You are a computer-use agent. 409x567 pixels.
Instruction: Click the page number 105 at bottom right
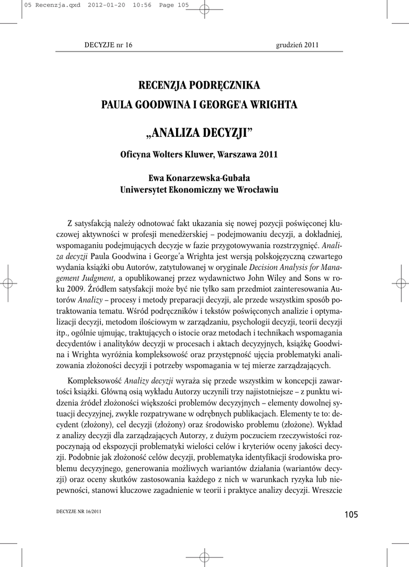point(351,515)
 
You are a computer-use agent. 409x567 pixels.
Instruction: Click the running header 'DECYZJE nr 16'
point(108,45)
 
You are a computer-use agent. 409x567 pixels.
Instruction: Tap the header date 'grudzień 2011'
point(297,45)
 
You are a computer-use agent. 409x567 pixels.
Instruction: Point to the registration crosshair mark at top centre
point(204,8)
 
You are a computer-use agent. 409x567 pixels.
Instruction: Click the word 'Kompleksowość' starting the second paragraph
point(94,380)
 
